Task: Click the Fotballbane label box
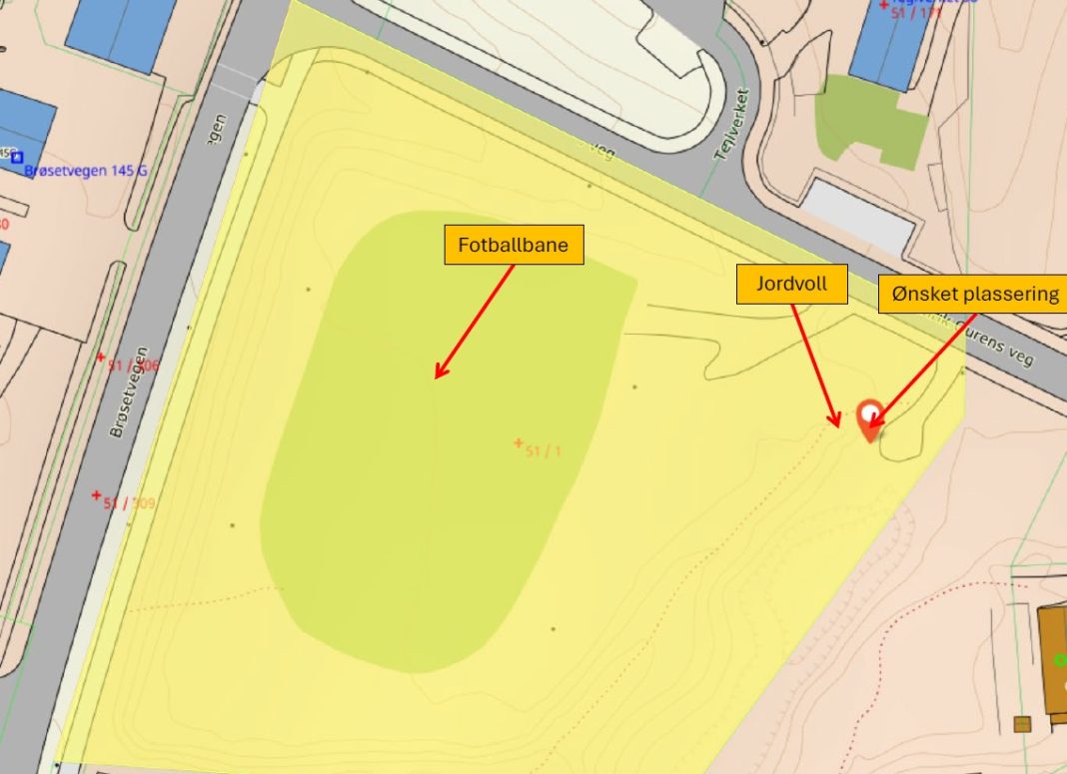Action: [514, 245]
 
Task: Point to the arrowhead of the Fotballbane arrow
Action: [437, 377]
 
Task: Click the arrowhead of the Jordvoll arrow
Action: [836, 423]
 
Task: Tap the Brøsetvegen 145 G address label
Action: [86, 171]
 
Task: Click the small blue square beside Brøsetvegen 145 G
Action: [17, 158]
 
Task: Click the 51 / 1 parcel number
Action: [543, 451]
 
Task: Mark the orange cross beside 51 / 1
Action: [518, 442]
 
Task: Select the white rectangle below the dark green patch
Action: [858, 216]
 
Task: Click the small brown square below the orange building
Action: [1021, 724]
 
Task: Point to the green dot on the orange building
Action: [1061, 660]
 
